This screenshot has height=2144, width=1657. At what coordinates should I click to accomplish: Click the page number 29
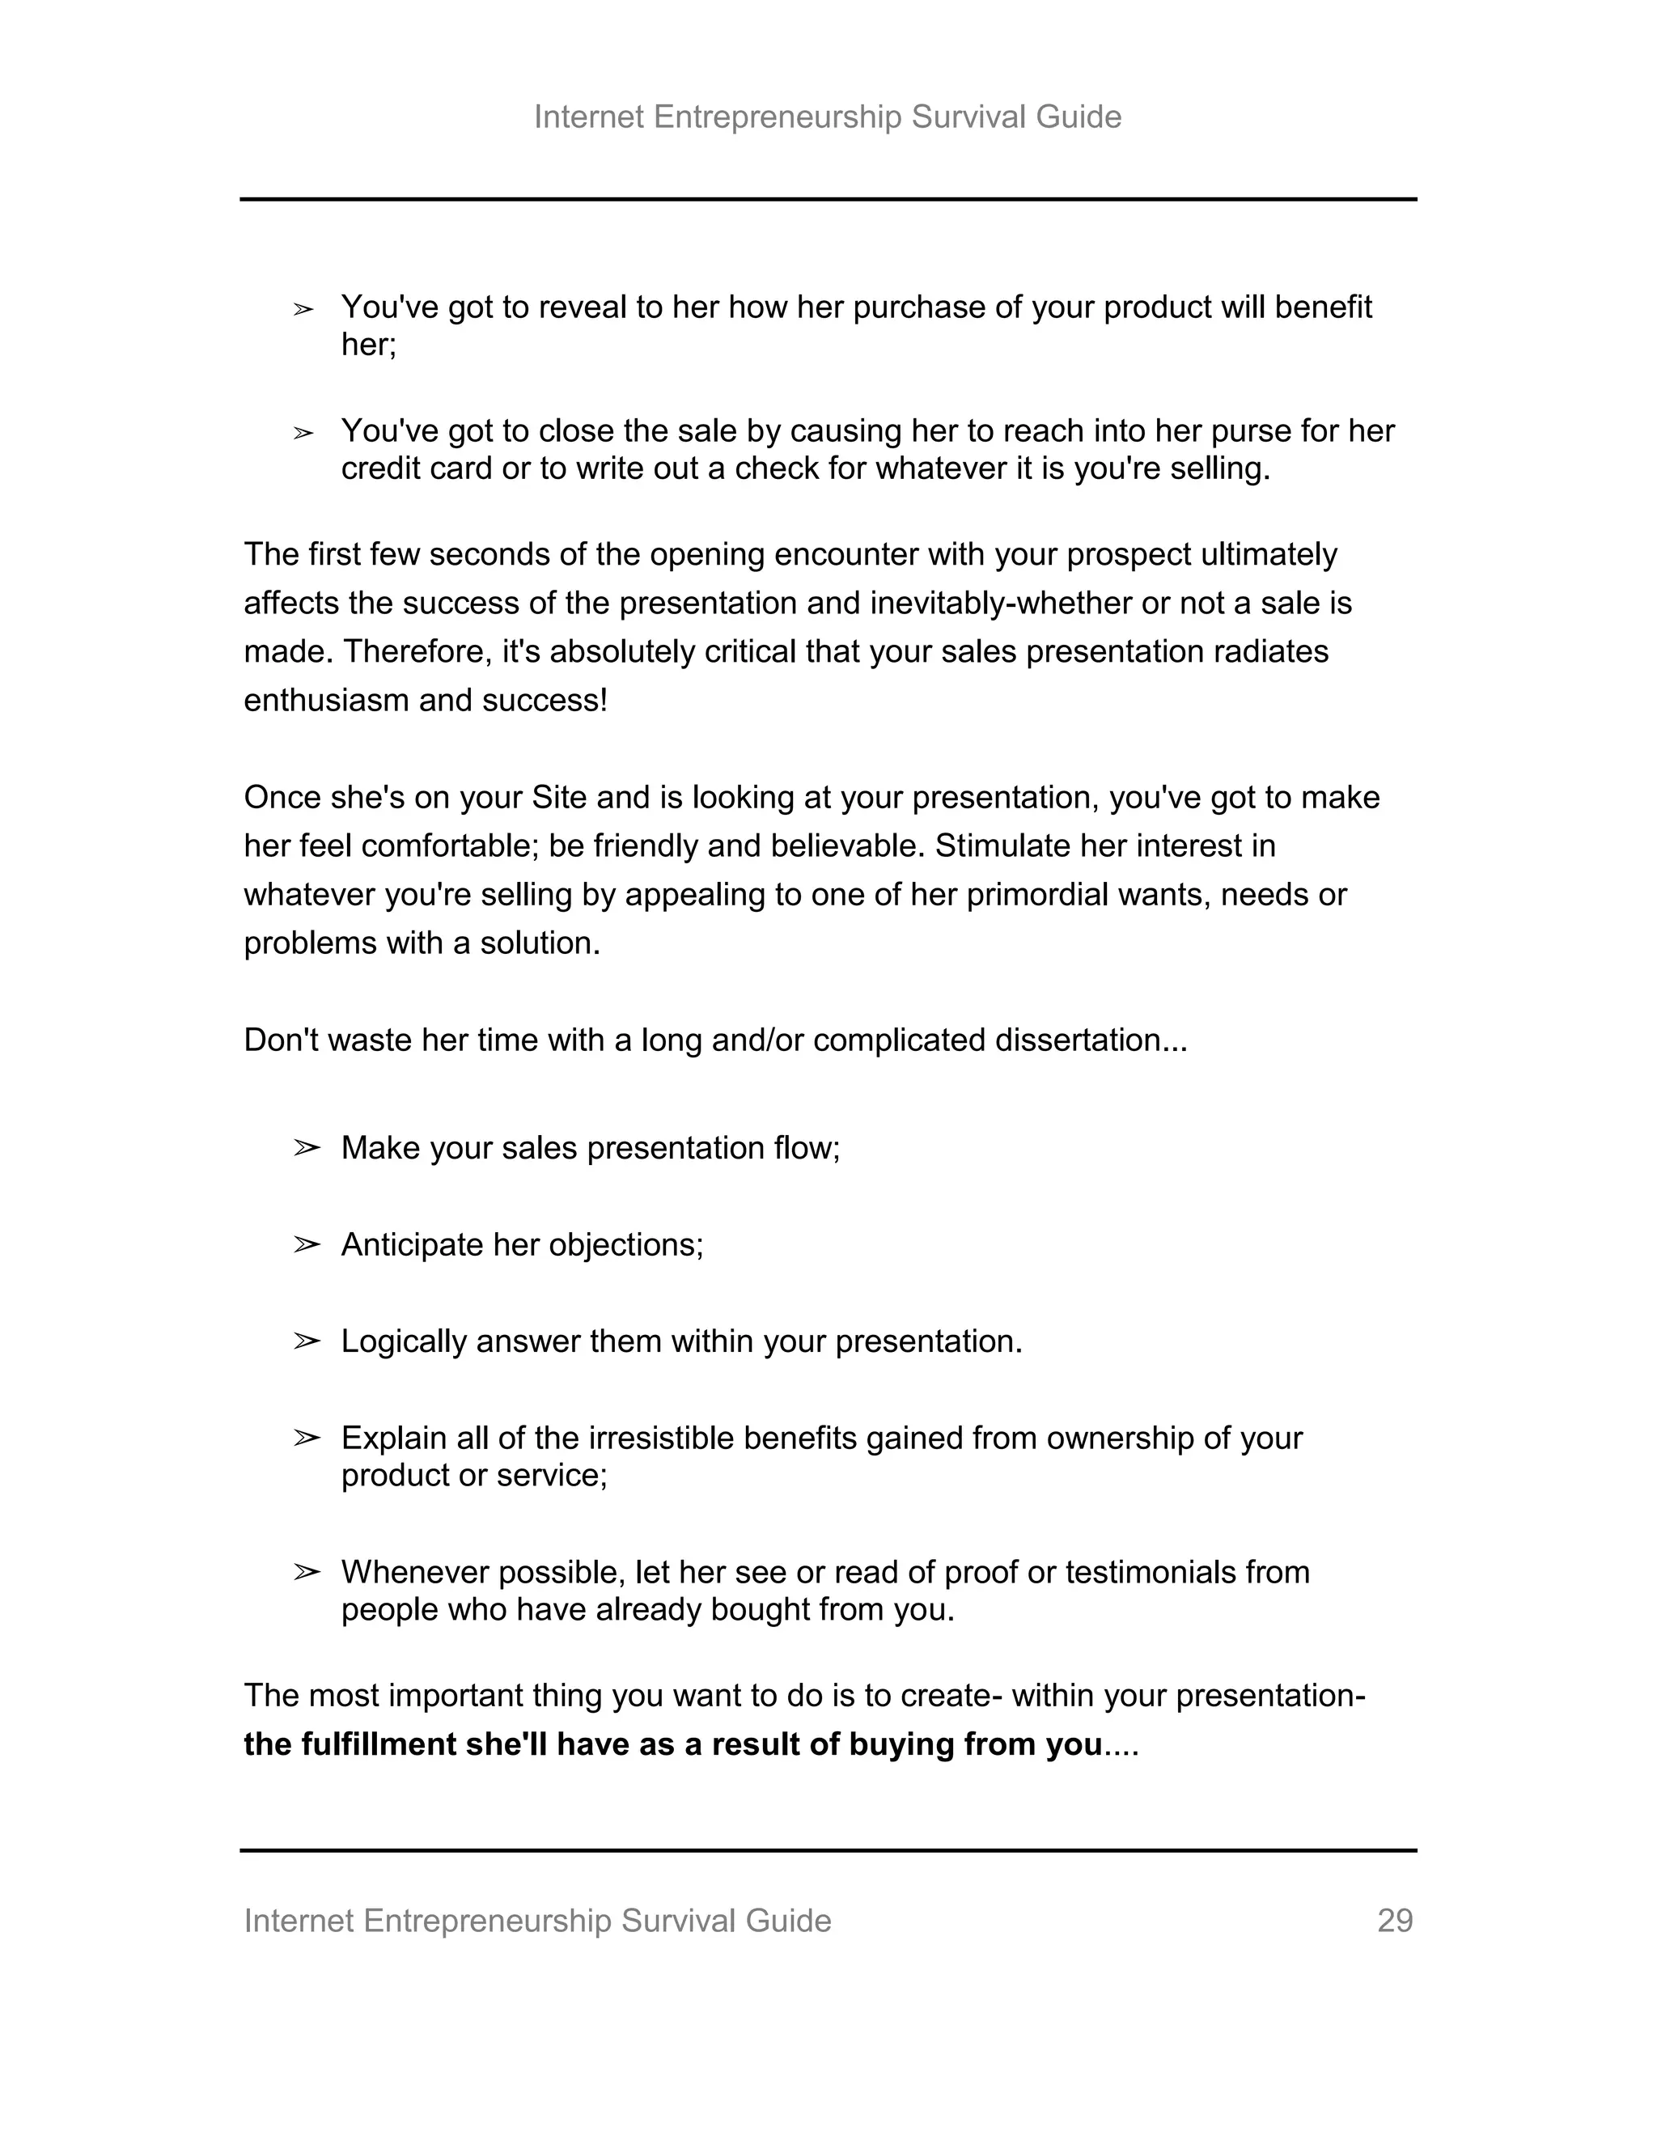(1394, 1920)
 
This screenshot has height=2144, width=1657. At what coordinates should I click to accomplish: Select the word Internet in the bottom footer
(299, 1920)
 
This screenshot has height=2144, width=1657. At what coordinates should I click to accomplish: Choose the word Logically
(404, 1341)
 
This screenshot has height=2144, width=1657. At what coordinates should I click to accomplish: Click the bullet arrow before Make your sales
(307, 1147)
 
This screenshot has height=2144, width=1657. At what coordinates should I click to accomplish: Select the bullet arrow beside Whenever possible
(307, 1573)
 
